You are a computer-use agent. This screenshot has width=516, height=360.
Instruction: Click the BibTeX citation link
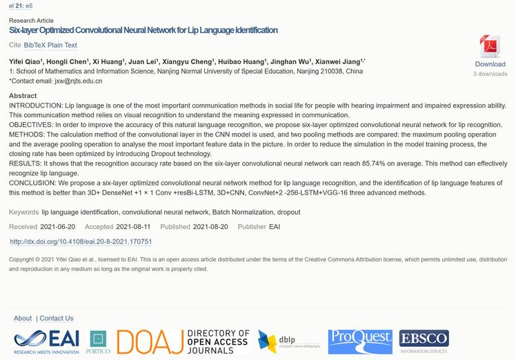34,46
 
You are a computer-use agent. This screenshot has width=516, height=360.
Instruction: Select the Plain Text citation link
62,46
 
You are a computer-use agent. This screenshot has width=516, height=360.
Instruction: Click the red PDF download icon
490,47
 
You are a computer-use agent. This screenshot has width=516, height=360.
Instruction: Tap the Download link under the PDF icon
490,64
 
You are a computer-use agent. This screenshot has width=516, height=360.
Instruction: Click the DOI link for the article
81,242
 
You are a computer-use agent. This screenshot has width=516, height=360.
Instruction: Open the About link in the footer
23,318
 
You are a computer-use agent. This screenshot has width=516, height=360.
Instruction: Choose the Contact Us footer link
57,318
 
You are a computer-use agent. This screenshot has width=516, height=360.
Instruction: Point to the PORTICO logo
98,342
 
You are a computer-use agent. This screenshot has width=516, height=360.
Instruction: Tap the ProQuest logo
359,341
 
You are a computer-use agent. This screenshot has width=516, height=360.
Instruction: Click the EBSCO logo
424,341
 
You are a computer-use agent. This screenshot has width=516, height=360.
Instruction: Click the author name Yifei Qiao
25,61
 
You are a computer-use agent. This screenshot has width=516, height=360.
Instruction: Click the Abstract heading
23,96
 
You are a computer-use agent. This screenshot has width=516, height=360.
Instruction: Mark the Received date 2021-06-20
59,227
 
